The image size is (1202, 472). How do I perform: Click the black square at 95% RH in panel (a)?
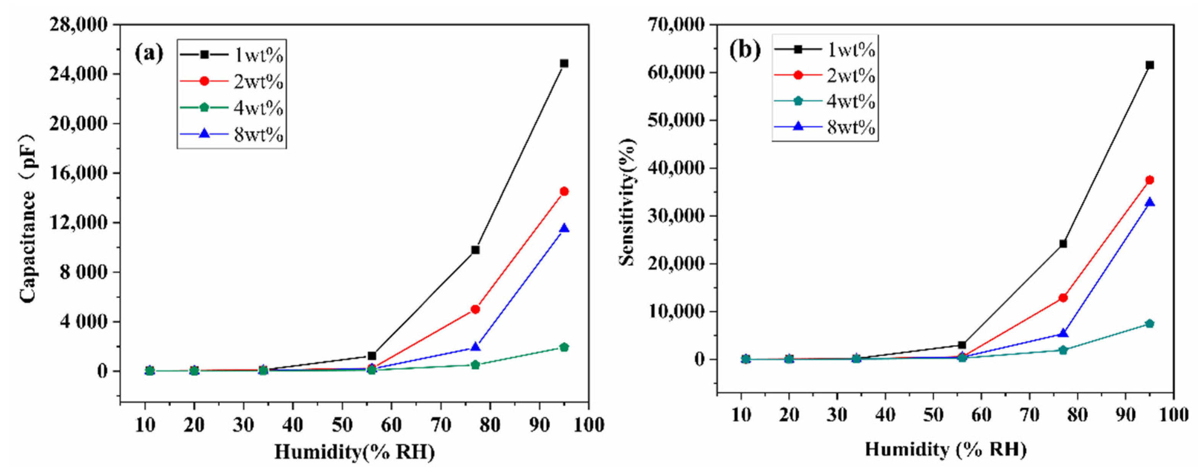(564, 63)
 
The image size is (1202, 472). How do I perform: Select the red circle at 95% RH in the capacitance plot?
(564, 191)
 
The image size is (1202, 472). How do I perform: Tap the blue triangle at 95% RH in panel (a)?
(564, 228)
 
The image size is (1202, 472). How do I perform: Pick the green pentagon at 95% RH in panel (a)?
(564, 347)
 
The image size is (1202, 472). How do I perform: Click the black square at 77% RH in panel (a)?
(476, 250)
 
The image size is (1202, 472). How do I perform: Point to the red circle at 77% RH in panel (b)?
(1063, 297)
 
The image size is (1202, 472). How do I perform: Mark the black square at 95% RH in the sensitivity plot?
(1150, 65)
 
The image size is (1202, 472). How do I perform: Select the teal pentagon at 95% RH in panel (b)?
(1150, 324)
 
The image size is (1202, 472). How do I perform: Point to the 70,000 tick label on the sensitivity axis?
(676, 24)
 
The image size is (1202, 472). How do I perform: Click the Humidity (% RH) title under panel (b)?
(945, 449)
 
